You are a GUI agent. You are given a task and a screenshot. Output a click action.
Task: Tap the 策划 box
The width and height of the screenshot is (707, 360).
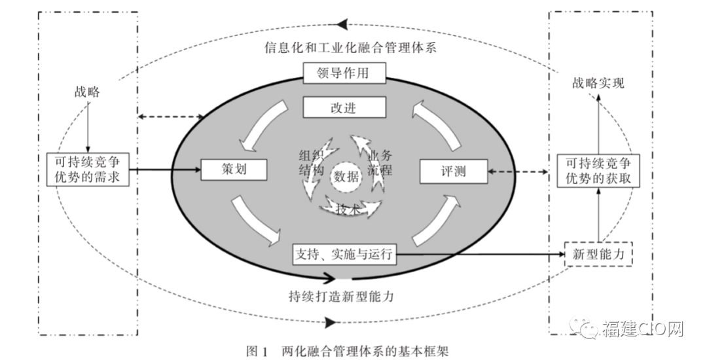click(234, 170)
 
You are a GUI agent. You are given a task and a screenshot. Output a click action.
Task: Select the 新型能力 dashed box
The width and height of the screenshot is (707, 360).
click(598, 253)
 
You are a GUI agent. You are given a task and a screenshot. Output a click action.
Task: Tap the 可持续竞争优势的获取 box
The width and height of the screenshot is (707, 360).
click(598, 171)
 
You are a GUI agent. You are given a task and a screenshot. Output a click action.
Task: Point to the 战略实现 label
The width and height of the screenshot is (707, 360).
click(598, 83)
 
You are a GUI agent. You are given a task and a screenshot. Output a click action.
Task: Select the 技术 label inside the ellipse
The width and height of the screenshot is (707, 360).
click(346, 209)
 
